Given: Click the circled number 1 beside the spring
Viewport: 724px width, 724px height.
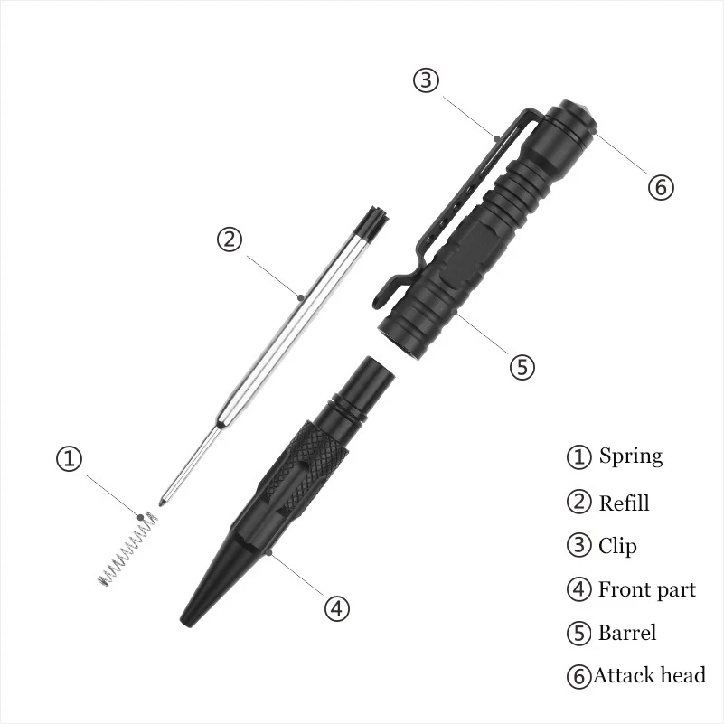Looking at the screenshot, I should click(70, 458).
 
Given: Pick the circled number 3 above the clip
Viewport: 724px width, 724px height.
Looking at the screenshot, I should click(426, 80).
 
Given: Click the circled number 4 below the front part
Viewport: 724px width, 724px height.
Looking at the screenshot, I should click(336, 608).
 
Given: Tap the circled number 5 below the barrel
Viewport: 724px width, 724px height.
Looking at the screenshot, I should click(522, 367).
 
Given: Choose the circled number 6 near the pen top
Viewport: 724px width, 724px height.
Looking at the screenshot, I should click(661, 187).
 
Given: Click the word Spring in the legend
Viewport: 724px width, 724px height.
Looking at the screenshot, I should click(631, 456).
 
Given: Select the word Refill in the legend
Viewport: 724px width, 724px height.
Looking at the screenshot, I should click(624, 503).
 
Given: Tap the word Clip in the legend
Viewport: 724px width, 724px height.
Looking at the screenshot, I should click(617, 546).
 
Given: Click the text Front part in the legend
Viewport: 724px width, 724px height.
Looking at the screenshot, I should click(647, 589).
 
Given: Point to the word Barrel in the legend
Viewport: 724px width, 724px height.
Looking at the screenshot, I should click(627, 633).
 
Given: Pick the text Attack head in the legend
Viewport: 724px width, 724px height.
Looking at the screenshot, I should click(649, 675).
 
